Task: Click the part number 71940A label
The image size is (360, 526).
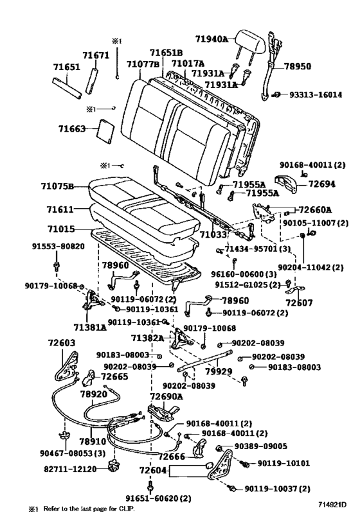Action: click(212, 39)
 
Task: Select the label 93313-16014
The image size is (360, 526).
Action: click(316, 94)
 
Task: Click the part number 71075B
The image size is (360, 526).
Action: click(57, 186)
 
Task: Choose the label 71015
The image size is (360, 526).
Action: click(61, 229)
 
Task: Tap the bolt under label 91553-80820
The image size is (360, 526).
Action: click(57, 265)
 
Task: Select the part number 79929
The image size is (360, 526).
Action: click(219, 371)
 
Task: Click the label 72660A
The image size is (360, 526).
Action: click(315, 209)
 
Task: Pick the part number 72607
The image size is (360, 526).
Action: click(299, 302)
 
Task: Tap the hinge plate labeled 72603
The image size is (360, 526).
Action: click(66, 365)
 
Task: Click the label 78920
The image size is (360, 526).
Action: click(94, 394)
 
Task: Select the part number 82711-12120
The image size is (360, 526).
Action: click(70, 469)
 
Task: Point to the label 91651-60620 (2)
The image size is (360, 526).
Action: click(158, 498)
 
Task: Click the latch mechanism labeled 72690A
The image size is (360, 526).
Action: click(163, 412)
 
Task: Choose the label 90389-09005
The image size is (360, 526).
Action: click(260, 446)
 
